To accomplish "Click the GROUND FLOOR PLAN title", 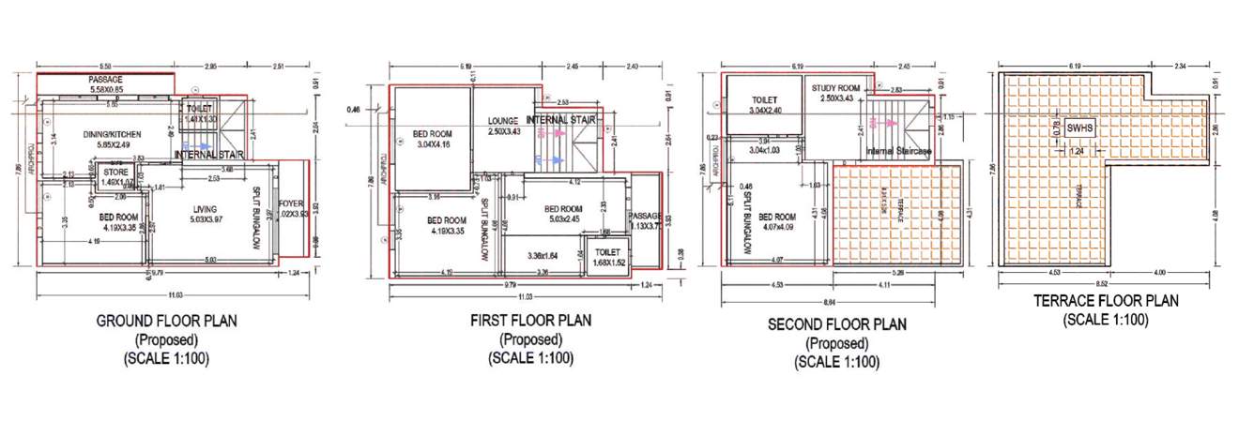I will [x=167, y=321].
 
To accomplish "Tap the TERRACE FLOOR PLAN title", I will [x=1097, y=301].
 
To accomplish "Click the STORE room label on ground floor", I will [x=115, y=172].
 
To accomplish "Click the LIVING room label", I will [x=205, y=209].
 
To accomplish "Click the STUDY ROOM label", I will [x=835, y=87].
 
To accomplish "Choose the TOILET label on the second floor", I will [x=769, y=100].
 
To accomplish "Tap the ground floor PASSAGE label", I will [x=105, y=81].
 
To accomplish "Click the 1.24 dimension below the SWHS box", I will [x=1075, y=150].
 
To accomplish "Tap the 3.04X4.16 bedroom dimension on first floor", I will [x=432, y=144].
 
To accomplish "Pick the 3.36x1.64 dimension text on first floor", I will [x=543, y=254].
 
